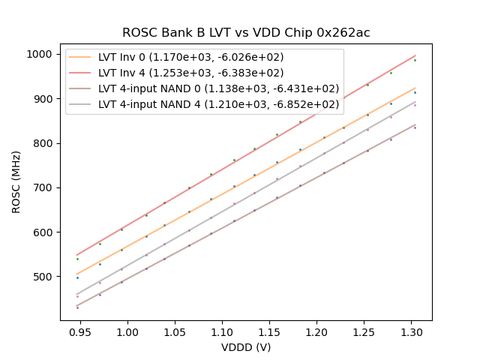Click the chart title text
pos(246,33)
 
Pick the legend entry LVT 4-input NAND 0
pos(214,88)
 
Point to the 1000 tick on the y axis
pos(40,55)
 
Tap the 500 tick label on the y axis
pos(43,277)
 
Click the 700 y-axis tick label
pos(43,188)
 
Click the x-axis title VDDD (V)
pos(246,347)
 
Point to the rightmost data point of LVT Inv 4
pos(415,60)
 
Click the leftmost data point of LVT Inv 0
pos(77,277)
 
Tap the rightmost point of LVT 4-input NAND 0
pos(415,127)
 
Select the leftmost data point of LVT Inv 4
pos(77,259)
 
